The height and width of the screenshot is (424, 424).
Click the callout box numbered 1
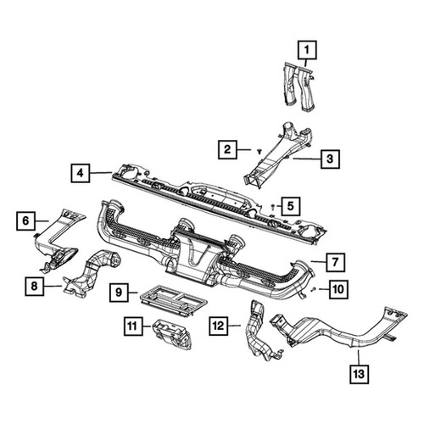pyautogui.click(x=307, y=50)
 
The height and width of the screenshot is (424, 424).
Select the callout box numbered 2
pyautogui.click(x=227, y=149)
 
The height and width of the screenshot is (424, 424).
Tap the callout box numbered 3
pyautogui.click(x=330, y=159)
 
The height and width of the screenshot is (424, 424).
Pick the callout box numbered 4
pyautogui.click(x=81, y=173)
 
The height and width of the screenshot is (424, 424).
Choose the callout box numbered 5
pyautogui.click(x=291, y=206)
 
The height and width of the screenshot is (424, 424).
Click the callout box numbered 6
pyautogui.click(x=25, y=220)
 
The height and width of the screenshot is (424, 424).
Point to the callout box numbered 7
pyautogui.click(x=335, y=262)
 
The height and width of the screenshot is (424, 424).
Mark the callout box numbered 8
pyautogui.click(x=34, y=287)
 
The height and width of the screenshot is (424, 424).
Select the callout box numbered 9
pyautogui.click(x=119, y=293)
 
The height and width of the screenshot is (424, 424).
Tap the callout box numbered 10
pyautogui.click(x=338, y=289)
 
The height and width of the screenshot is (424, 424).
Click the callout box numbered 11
pyautogui.click(x=133, y=326)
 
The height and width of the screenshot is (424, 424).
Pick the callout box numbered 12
pyautogui.click(x=219, y=326)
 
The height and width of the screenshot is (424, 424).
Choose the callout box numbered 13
pyautogui.click(x=360, y=374)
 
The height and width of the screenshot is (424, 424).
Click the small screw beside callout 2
pyautogui.click(x=259, y=152)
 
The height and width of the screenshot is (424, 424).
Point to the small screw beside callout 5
pyautogui.click(x=273, y=207)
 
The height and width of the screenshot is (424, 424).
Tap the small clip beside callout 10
pyautogui.click(x=313, y=289)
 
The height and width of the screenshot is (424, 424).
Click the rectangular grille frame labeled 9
pyautogui.click(x=174, y=299)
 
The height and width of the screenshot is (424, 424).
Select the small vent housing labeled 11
pyautogui.click(x=171, y=334)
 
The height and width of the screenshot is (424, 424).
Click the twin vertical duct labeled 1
pyautogui.click(x=298, y=86)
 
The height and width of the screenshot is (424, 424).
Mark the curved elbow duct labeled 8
pyautogui.click(x=90, y=274)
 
